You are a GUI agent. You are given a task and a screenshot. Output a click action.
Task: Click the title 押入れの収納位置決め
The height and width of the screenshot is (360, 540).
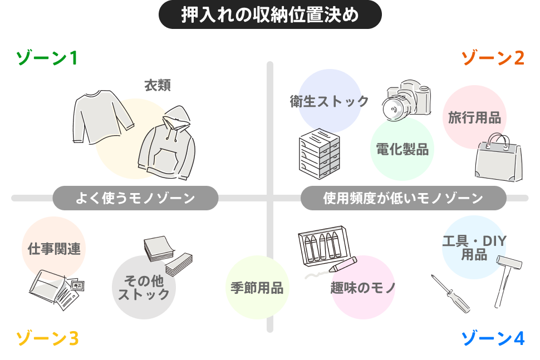click(x=270, y=15)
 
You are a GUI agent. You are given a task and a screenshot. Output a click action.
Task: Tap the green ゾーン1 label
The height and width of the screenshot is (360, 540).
click(x=46, y=58)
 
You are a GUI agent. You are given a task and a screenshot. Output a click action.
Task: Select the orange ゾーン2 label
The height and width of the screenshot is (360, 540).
click(x=493, y=58)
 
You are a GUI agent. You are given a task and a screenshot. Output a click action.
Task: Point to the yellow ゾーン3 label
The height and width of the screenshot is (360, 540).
click(x=46, y=338)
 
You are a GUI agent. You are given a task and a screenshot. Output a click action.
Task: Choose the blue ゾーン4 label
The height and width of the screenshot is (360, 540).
click(x=493, y=338)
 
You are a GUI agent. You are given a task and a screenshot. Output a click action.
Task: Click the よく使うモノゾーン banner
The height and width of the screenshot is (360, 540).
click(x=135, y=198)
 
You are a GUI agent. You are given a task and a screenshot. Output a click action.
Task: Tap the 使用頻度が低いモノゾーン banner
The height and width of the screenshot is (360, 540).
click(x=403, y=198)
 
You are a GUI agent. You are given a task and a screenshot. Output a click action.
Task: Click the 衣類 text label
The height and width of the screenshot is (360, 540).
click(x=158, y=85)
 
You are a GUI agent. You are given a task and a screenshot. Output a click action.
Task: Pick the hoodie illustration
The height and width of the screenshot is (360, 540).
click(x=166, y=146)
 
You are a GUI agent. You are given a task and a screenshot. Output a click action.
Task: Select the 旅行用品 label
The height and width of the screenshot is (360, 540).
click(x=474, y=117)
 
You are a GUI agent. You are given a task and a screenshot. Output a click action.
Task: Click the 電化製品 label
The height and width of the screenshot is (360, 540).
click(x=402, y=149)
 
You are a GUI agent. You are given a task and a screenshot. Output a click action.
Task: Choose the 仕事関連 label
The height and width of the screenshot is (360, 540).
click(x=54, y=248)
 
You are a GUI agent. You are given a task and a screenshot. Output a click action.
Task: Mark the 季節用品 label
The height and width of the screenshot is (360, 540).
click(x=257, y=288)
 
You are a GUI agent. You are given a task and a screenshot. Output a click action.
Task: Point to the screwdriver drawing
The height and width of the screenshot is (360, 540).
click(x=451, y=293)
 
